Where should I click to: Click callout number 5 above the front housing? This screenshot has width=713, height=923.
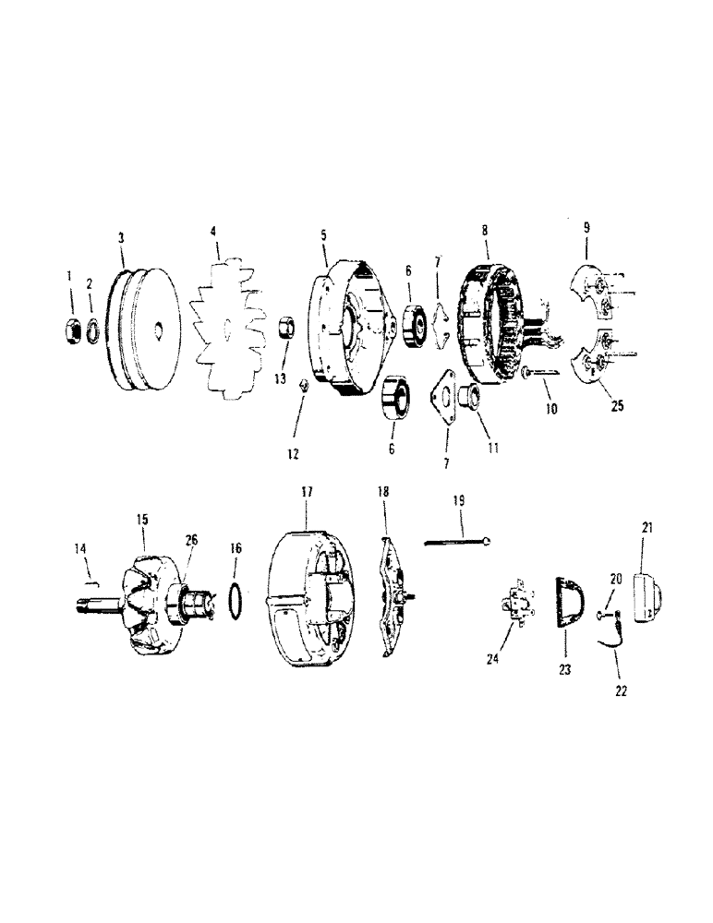click(x=324, y=236)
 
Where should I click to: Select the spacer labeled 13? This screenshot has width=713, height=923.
click(x=285, y=327)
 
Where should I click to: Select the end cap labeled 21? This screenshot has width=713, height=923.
click(x=646, y=600)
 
